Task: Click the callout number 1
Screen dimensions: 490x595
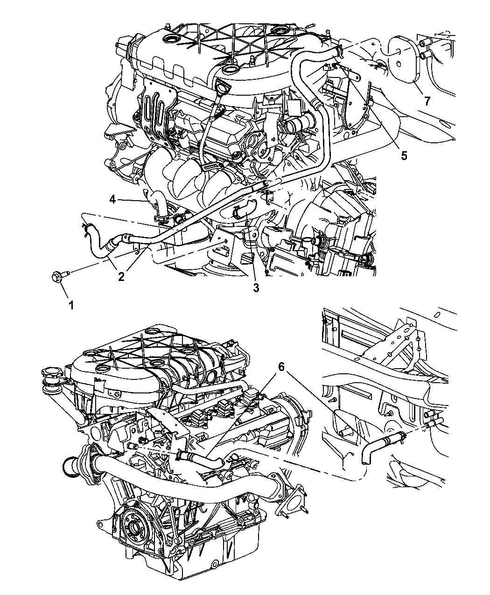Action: (71, 306)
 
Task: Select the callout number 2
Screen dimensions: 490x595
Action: (121, 276)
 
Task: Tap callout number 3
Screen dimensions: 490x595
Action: (256, 288)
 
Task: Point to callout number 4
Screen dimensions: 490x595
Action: (112, 200)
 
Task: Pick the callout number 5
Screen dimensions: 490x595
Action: (404, 155)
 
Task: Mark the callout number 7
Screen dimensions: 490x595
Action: (427, 101)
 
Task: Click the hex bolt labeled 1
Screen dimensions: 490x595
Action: (60, 276)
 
